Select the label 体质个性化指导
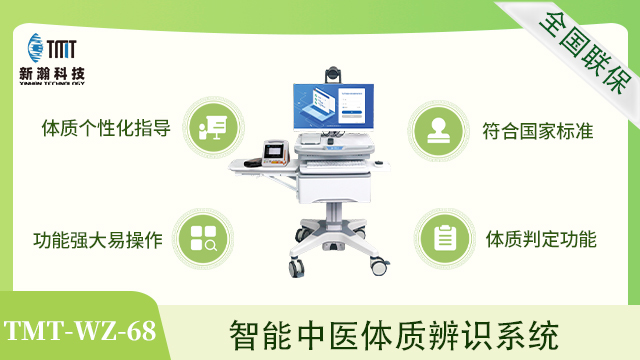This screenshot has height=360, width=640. [105, 128]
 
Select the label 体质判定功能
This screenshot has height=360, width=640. [541, 240]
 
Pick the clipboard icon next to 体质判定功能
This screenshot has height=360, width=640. [443, 238]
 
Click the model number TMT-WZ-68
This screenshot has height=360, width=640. [80, 330]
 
